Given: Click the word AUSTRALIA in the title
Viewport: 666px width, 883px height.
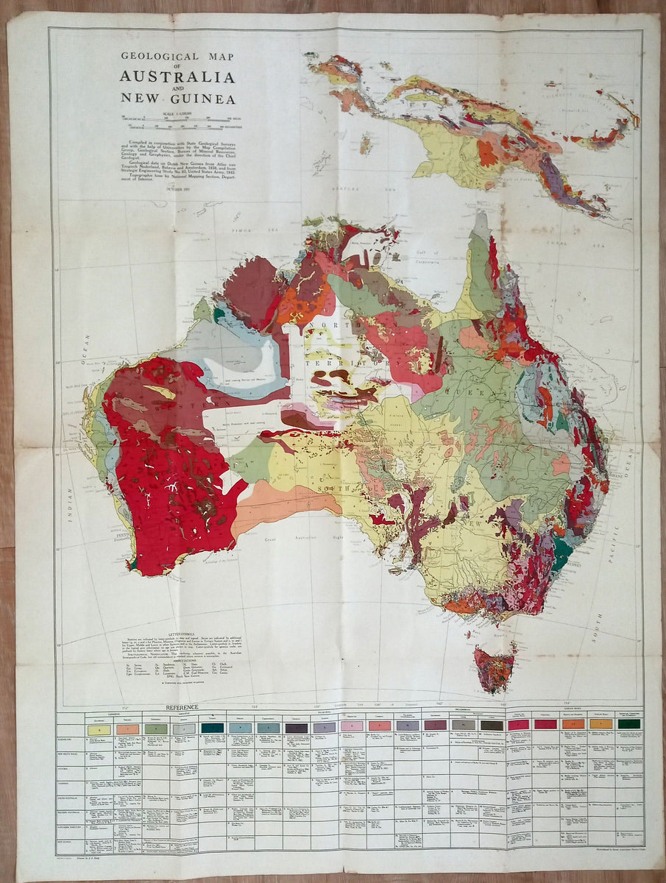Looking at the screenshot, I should tap(177, 77).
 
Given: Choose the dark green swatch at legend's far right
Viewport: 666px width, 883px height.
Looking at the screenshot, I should tap(628, 724).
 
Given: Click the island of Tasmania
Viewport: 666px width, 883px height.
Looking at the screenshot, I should tap(494, 668).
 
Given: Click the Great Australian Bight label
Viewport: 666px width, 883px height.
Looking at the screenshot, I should tap(309, 539).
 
